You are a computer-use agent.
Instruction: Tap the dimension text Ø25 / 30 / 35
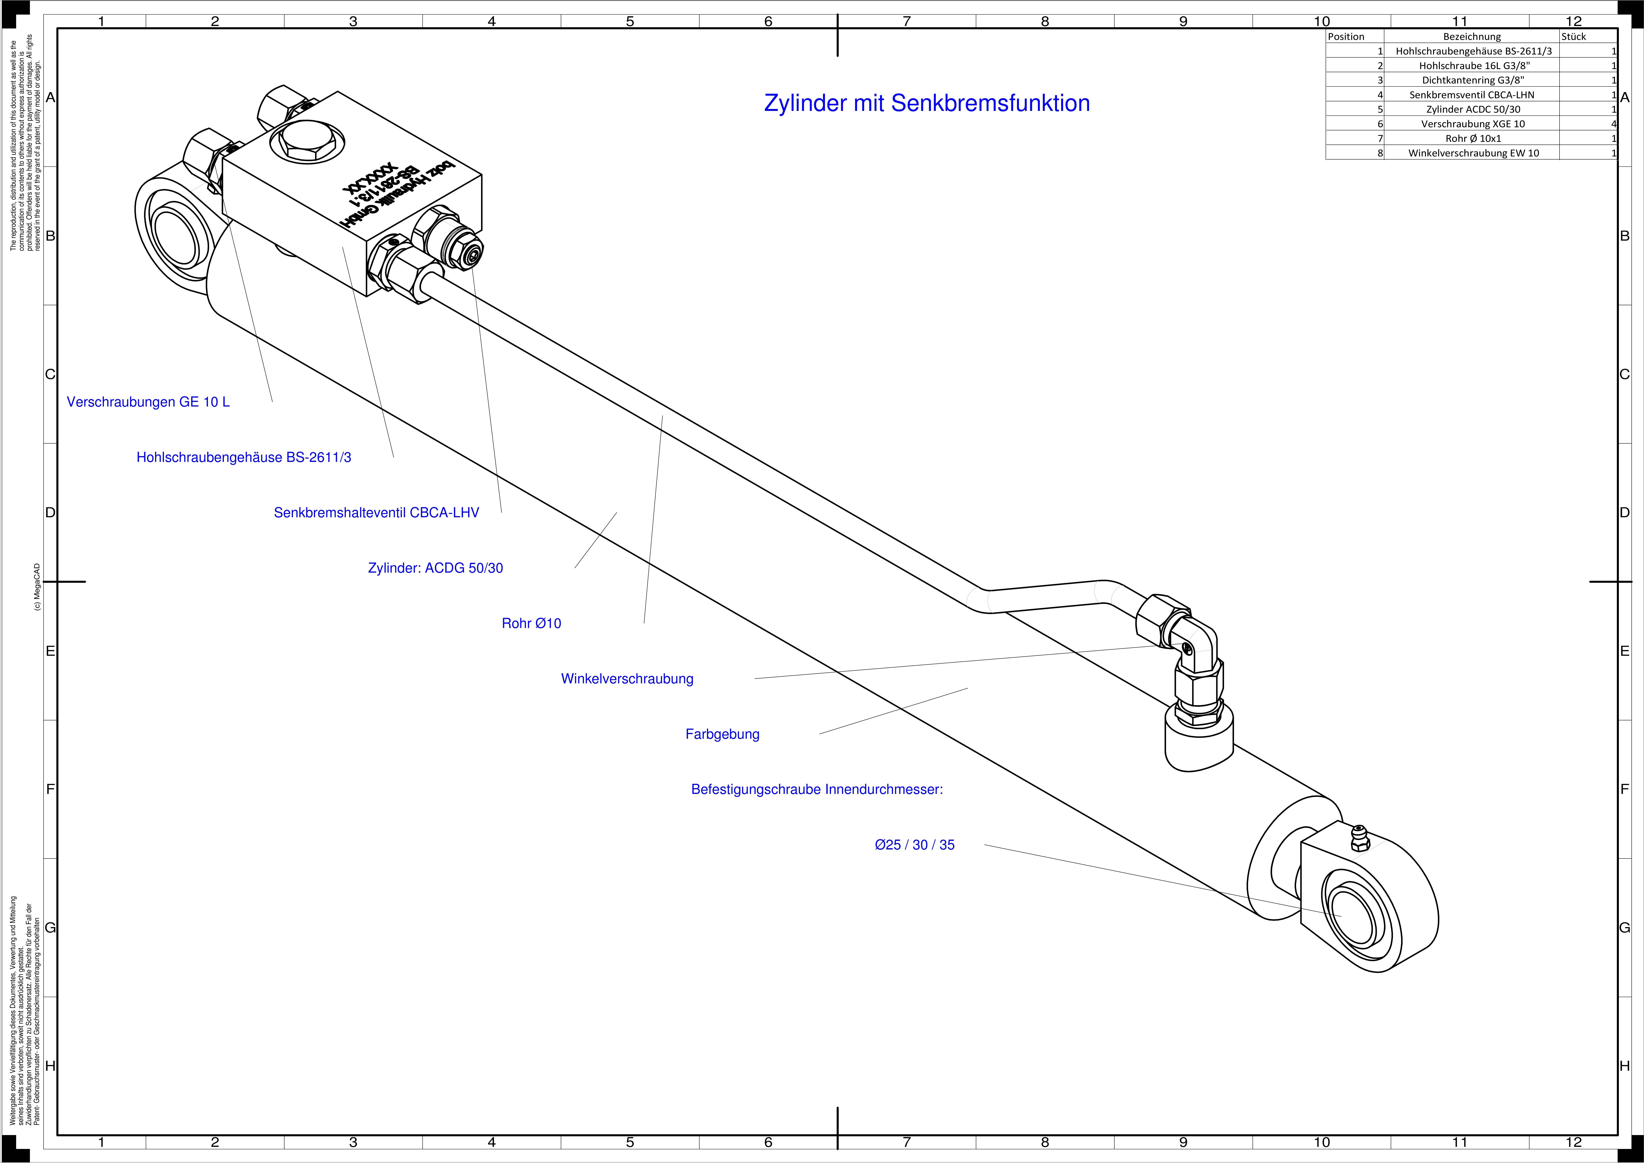(x=914, y=845)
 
